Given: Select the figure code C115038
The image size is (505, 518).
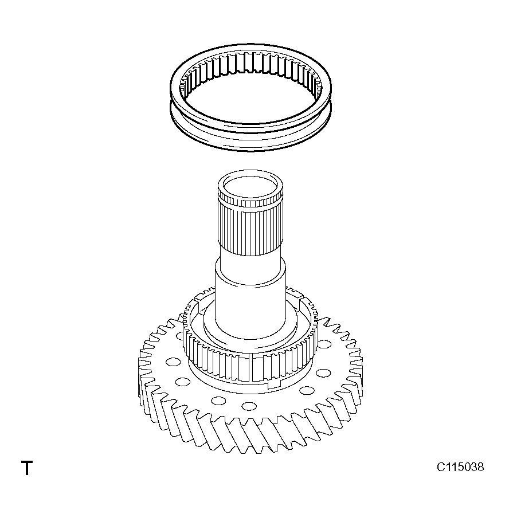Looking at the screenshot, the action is (460, 467).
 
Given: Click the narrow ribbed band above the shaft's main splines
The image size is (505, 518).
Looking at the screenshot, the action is (250, 199).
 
